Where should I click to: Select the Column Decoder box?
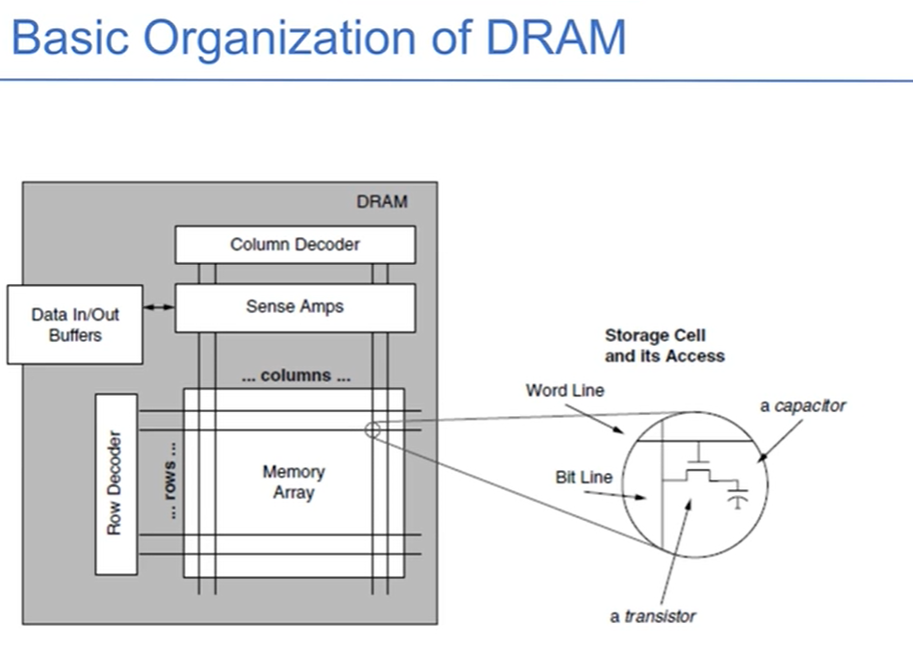(x=295, y=245)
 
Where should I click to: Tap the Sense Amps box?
(x=295, y=307)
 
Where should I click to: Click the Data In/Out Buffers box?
(x=75, y=325)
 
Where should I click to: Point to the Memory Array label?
(x=294, y=482)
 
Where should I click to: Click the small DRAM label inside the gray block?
(x=381, y=201)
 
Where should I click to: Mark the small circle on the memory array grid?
(x=372, y=430)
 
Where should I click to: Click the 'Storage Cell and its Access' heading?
(x=664, y=346)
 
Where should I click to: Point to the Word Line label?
(x=564, y=391)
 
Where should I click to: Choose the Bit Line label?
(x=584, y=478)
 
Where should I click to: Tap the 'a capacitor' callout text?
(x=802, y=405)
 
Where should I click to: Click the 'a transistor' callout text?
(x=652, y=616)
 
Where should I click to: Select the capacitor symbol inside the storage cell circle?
(x=738, y=498)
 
